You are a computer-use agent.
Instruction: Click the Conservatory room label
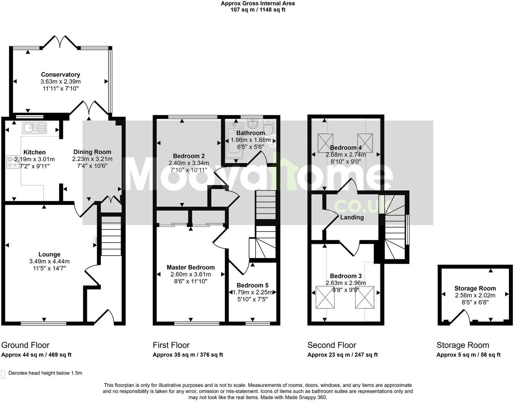pyautogui.click(x=60, y=75)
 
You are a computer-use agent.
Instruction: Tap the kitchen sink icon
pyautogui.click(x=34, y=128)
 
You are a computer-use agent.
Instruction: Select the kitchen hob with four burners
pyautogui.click(x=12, y=161)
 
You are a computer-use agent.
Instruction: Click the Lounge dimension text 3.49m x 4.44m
pyautogui.click(x=49, y=261)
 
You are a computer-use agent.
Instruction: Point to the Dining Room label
pyautogui.click(x=92, y=152)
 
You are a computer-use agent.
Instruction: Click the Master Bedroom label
pyautogui.click(x=191, y=267)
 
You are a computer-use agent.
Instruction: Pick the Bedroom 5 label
pyautogui.click(x=252, y=285)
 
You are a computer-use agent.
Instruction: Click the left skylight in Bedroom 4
pyautogui.click(x=325, y=143)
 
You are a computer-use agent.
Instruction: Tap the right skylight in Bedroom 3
pyautogui.click(x=365, y=297)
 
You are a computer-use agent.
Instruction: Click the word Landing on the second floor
pyautogui.click(x=352, y=217)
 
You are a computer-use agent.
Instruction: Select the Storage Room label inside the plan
pyautogui.click(x=475, y=288)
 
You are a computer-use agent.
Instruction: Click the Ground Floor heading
pyautogui.click(x=25, y=345)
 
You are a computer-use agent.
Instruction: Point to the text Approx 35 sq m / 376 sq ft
pyautogui.click(x=188, y=355)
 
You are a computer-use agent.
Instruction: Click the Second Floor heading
pyautogui.click(x=332, y=345)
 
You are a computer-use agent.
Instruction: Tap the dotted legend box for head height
pyautogui.click(x=4, y=374)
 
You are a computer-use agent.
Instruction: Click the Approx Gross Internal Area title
pyautogui.click(x=258, y=4)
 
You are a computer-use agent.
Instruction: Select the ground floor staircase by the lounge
pyautogui.click(x=111, y=236)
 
